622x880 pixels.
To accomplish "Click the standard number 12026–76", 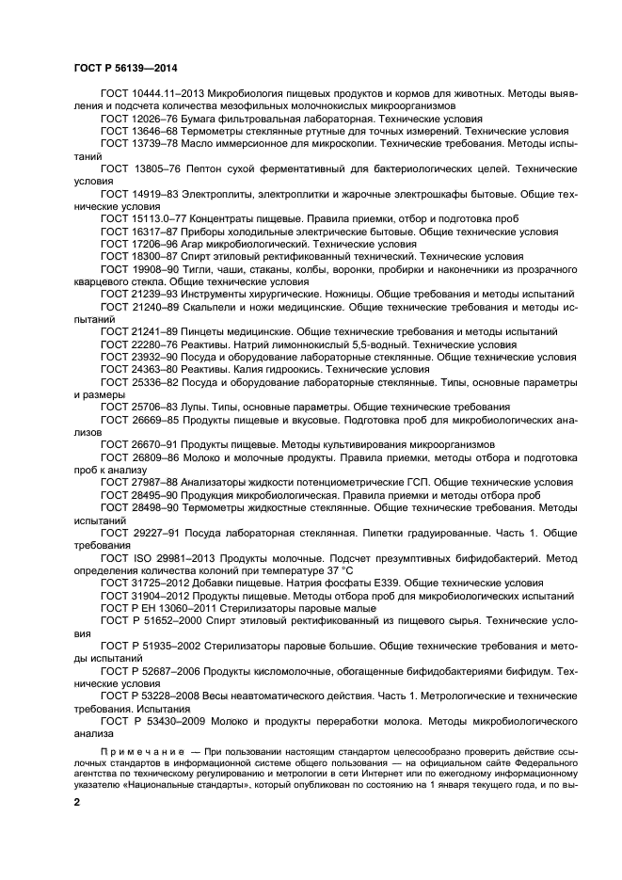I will point(153,120).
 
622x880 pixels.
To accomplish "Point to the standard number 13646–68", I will point(153,133).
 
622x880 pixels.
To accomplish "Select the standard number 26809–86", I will point(153,456).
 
